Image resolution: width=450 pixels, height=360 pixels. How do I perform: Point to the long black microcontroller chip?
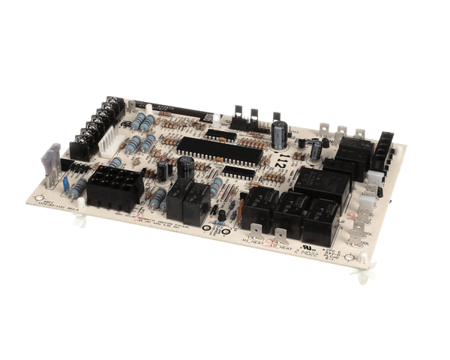tap(220, 151)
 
